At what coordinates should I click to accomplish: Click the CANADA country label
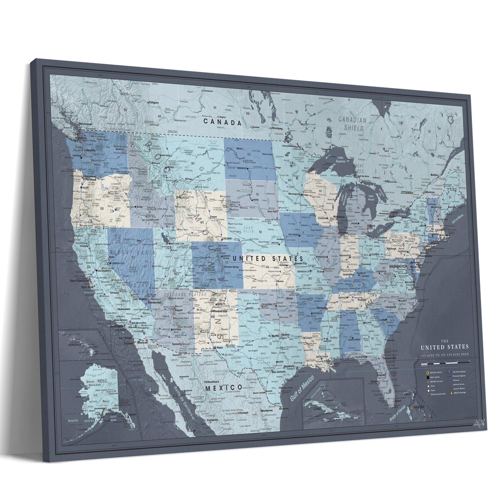tap(222, 122)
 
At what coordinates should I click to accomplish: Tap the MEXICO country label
tap(223, 387)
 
